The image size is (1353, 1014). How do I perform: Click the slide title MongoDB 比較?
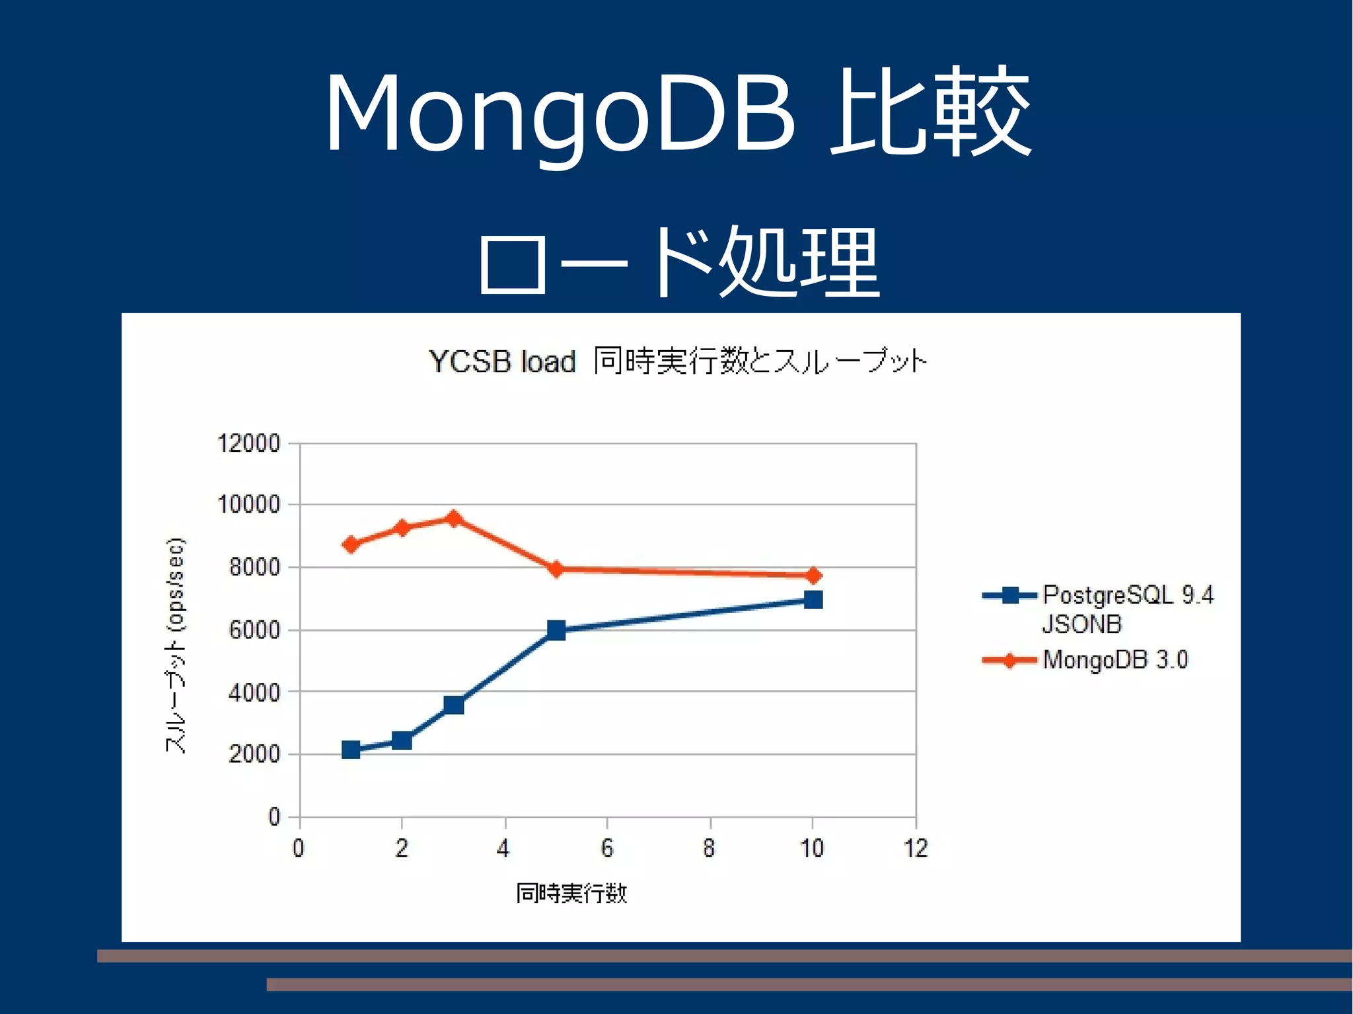(678, 112)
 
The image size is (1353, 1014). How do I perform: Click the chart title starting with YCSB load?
(678, 361)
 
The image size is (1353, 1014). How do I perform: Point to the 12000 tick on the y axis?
(249, 443)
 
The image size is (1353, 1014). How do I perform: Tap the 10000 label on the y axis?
(249, 505)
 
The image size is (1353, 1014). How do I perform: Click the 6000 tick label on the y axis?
(254, 630)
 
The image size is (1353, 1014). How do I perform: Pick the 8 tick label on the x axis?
(709, 848)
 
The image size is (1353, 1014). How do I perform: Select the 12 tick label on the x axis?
(916, 848)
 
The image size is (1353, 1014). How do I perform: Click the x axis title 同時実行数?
(571, 893)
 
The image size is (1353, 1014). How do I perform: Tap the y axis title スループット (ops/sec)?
(176, 645)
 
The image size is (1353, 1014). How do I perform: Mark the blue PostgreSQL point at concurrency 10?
(813, 599)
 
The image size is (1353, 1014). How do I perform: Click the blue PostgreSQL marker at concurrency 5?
(556, 630)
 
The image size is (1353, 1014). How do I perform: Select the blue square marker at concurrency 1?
(351, 750)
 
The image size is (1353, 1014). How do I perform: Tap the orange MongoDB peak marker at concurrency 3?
(453, 519)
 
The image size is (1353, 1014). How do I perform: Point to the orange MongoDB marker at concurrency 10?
(813, 575)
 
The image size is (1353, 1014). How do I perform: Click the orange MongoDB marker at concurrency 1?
(351, 544)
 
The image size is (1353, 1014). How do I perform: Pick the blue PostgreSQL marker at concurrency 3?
(453, 706)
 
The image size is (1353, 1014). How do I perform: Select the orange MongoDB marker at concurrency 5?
(556, 569)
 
